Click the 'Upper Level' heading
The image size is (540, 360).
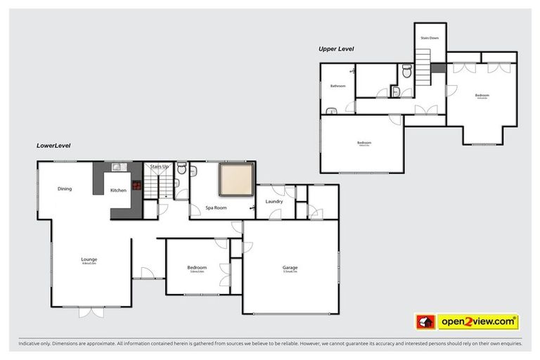tap(336, 49)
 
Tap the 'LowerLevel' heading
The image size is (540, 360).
tap(53, 146)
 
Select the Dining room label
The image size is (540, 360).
tap(65, 188)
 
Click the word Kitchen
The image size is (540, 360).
tap(117, 191)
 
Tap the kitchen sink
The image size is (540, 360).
tap(117, 167)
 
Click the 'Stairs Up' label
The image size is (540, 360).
tap(159, 167)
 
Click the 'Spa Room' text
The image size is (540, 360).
tap(216, 208)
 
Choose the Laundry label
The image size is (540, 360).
tap(274, 202)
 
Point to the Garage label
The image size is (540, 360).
tap(290, 267)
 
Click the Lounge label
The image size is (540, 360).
tap(89, 259)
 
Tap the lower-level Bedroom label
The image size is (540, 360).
tap(197, 267)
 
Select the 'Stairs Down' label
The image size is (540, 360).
tap(430, 38)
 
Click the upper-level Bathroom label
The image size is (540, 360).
tap(338, 86)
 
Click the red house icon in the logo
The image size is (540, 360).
tap(424, 322)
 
